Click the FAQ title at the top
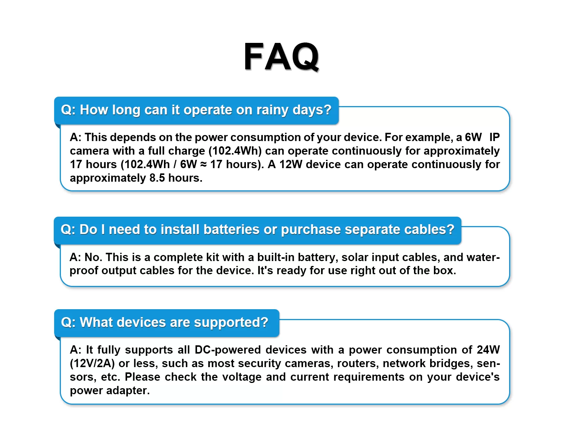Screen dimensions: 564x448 (x=282, y=56)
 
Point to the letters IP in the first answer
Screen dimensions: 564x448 (x=494, y=137)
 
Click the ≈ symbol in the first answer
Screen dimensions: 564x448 (x=203, y=165)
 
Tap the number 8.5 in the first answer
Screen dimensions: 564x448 (x=157, y=178)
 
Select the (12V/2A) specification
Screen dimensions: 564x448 (x=92, y=364)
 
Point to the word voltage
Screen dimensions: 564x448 (x=242, y=377)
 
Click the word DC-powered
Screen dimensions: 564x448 (x=228, y=350)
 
